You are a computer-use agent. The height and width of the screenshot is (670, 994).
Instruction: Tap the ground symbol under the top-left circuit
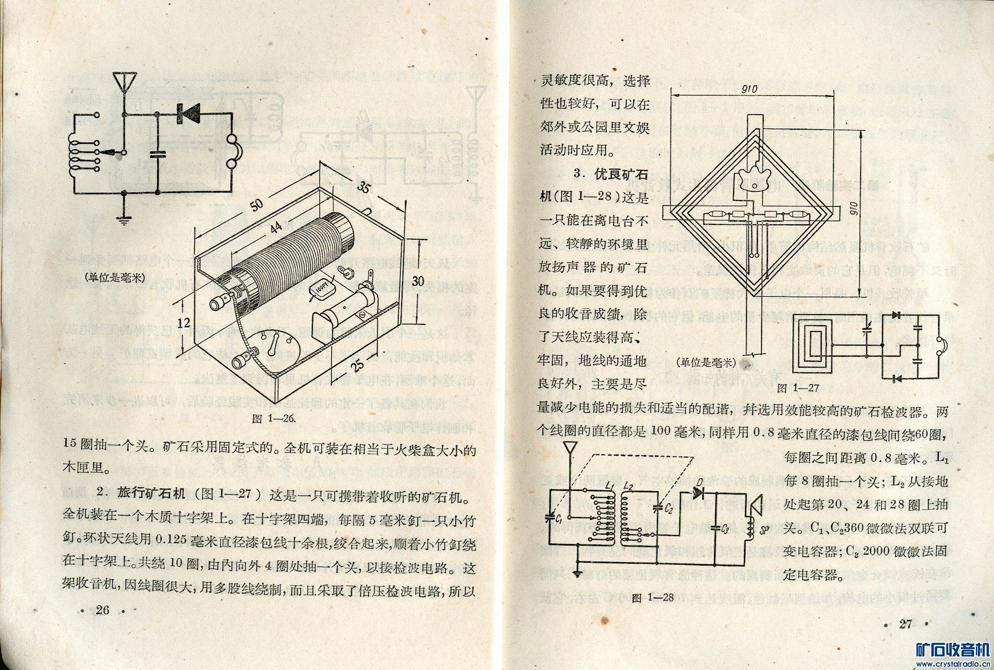coord(124,217)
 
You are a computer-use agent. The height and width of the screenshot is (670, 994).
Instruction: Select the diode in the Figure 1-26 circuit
coord(188,113)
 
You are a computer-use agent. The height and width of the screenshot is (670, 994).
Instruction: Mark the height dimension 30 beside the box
coord(418,281)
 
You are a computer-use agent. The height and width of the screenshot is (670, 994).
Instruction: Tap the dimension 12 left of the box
coord(184,323)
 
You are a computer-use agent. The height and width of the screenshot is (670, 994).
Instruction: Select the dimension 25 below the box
coord(358,364)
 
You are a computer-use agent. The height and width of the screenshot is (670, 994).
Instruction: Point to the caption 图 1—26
coord(274,418)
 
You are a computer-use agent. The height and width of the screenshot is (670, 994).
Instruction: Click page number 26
coord(102,610)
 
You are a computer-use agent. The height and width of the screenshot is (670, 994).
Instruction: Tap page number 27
coord(905,624)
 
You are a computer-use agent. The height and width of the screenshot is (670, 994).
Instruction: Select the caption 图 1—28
coord(653,598)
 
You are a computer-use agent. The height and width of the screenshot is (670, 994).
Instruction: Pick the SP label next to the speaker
coord(764,530)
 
